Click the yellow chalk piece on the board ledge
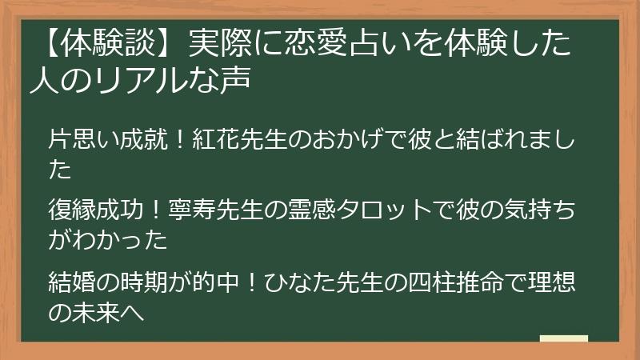[x=563, y=338]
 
